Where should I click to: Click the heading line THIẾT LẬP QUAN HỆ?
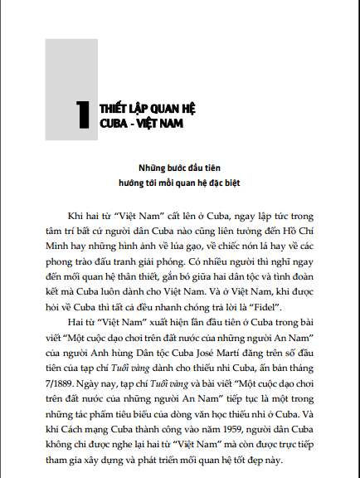click(x=140, y=108)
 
